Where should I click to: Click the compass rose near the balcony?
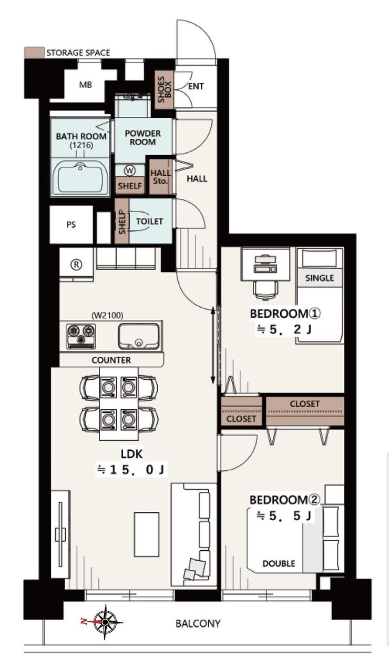[105, 622]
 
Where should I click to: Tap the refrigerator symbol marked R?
[77, 265]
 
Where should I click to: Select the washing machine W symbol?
[129, 170]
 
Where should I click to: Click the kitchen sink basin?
[139, 336]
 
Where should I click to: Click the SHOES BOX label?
[165, 89]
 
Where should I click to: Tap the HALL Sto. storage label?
[160, 177]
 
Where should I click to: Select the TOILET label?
[149, 221]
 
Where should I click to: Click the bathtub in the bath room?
[80, 177]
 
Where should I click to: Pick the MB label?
[85, 85]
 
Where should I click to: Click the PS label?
[71, 225]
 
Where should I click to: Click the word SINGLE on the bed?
[320, 278]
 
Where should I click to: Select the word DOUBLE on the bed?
[279, 564]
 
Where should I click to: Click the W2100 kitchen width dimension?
[107, 315]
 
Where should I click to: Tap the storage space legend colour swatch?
[34, 52]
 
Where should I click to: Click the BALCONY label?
[198, 623]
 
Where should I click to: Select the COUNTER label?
[111, 360]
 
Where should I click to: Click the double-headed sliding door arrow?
[213, 346]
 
